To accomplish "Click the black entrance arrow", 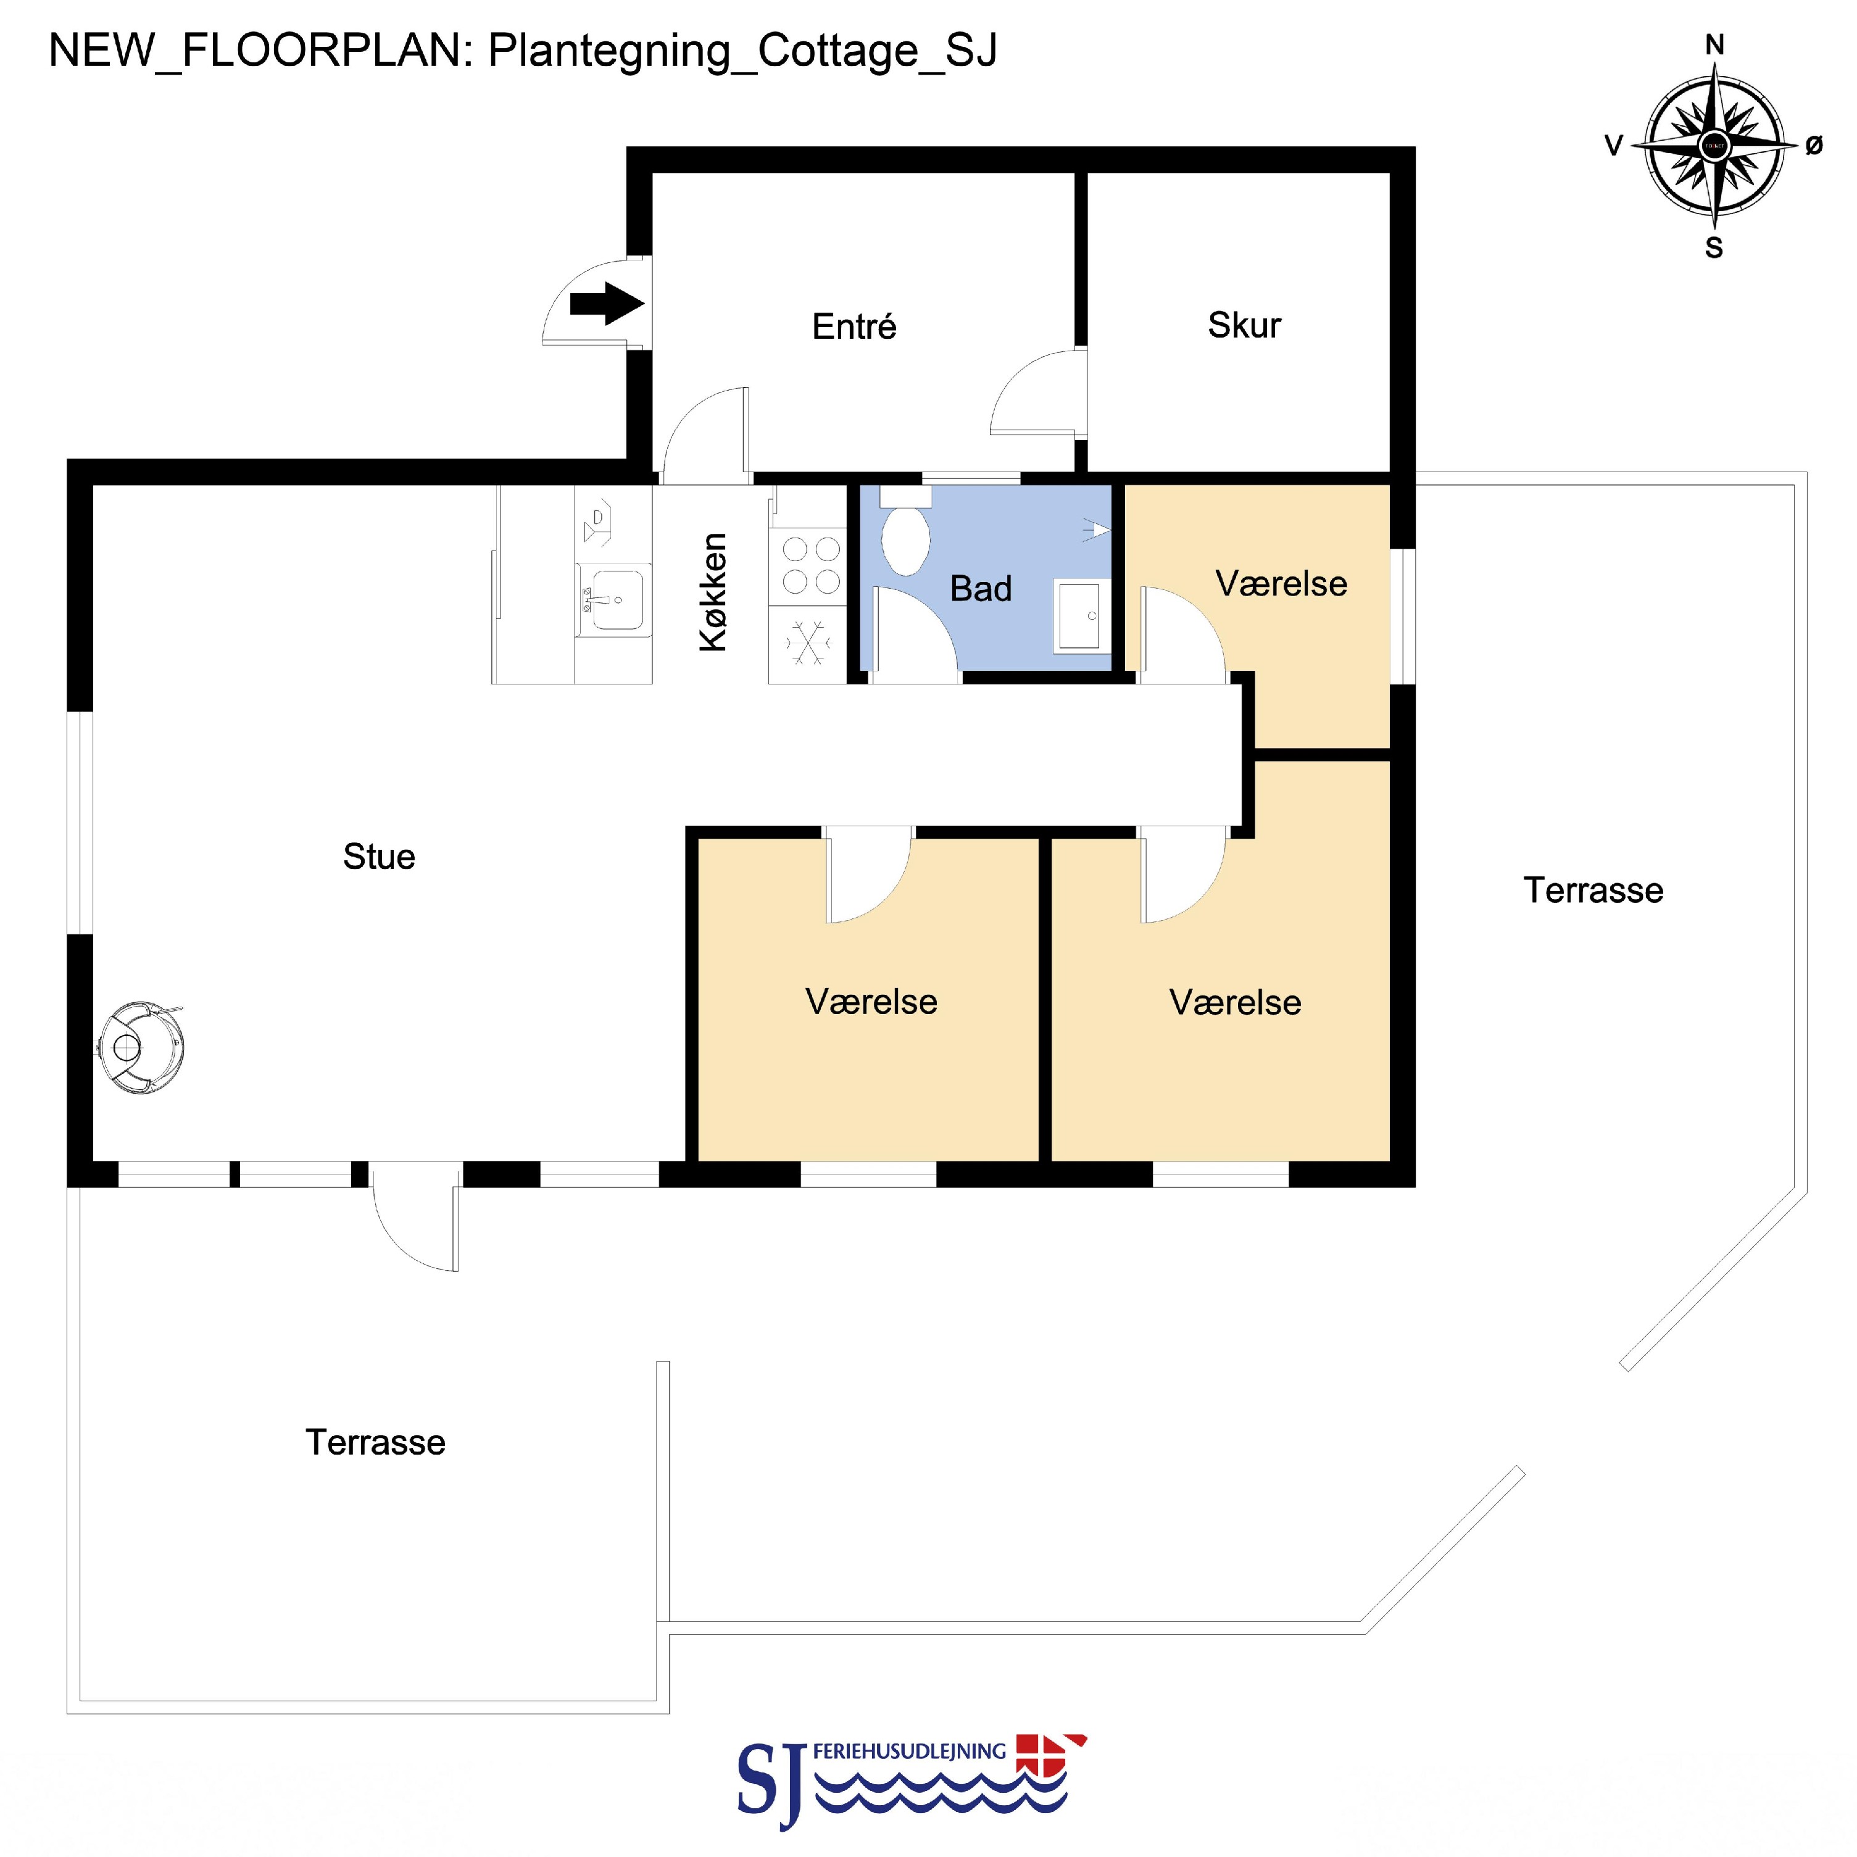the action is [607, 304].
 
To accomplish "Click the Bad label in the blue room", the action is [981, 588].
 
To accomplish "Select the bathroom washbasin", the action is [1082, 615].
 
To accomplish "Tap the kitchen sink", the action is [612, 600].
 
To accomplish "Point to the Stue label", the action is [379, 857].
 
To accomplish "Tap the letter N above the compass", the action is [1714, 44].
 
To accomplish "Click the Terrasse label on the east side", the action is [1593, 890].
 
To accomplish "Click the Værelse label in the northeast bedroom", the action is [1281, 583].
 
